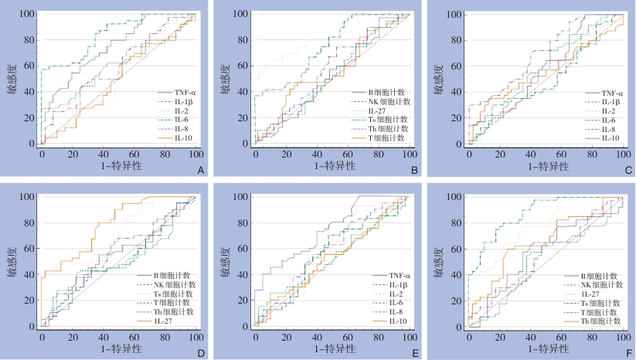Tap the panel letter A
(201, 170)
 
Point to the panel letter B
(414, 170)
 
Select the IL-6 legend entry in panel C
(607, 119)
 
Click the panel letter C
(627, 170)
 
